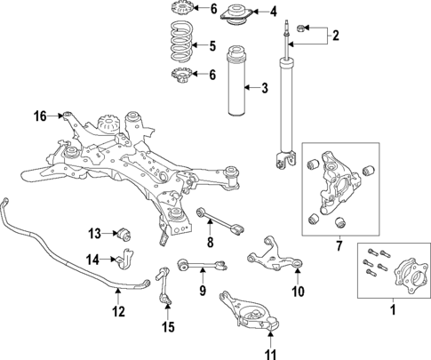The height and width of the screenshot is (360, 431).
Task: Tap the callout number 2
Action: [x=335, y=36]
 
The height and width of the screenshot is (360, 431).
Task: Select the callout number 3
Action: [x=264, y=87]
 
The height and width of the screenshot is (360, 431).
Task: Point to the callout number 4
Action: [x=273, y=12]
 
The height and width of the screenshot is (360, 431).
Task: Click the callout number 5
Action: [x=211, y=46]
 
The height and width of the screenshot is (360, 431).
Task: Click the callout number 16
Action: [x=40, y=116]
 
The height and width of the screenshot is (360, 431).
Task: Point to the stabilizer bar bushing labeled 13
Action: [x=124, y=235]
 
